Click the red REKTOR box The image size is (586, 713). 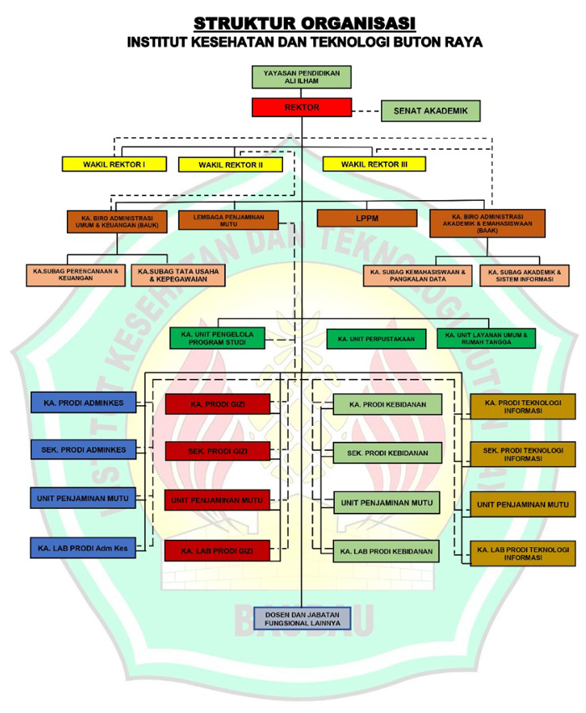click(301, 107)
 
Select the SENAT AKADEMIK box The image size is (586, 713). click(430, 110)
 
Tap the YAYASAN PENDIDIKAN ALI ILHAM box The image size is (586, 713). click(301, 77)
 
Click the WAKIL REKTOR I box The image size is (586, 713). click(113, 164)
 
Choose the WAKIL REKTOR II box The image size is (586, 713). click(230, 165)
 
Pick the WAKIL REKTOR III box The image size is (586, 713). click(374, 164)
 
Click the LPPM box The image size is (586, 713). click(367, 218)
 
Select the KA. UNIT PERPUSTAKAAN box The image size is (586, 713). click(374, 339)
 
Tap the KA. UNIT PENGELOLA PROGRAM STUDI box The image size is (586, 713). click(217, 338)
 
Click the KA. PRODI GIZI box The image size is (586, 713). click(217, 405)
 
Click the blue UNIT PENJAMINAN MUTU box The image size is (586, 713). click(82, 498)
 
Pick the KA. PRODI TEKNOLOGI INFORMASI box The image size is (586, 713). click(522, 407)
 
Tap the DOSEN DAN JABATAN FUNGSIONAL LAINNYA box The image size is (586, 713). click(301, 618)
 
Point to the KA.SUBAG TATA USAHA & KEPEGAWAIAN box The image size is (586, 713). click(178, 275)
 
